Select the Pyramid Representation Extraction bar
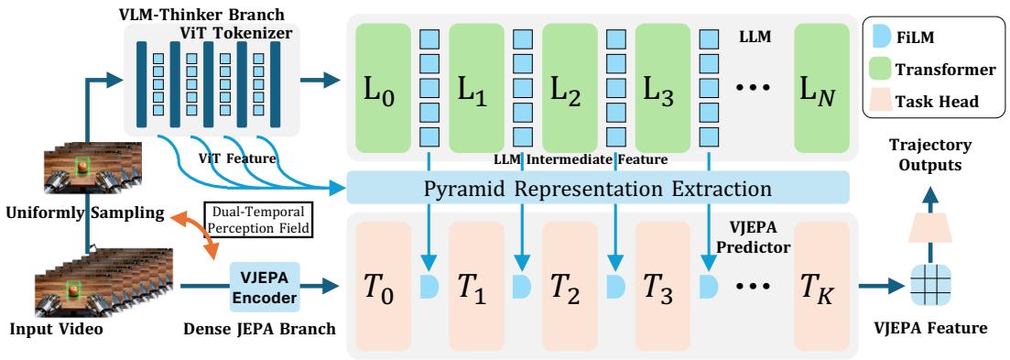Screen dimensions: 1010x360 597,190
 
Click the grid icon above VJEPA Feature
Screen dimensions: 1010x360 929,286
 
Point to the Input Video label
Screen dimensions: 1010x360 57,330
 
